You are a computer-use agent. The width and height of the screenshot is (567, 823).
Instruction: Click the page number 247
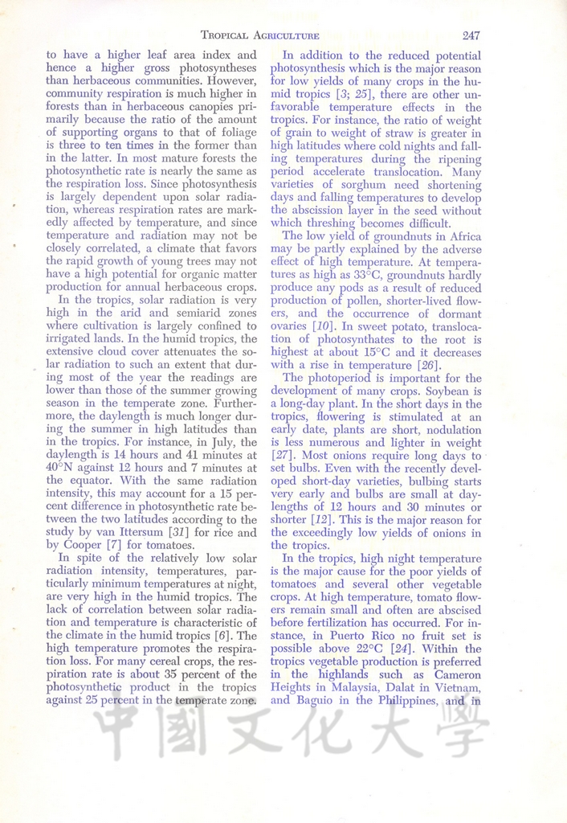click(471, 35)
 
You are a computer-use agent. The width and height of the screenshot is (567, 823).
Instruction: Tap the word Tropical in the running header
click(229, 35)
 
